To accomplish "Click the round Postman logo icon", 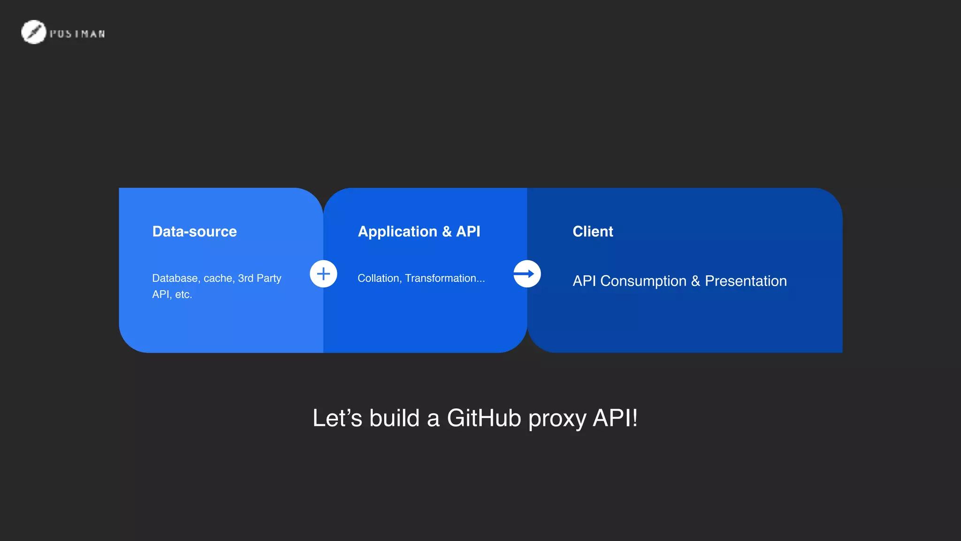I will click(x=33, y=32).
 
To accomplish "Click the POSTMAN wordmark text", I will click(x=77, y=34).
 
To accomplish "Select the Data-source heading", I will click(x=194, y=232).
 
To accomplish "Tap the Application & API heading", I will click(x=419, y=232).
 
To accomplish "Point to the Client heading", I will click(x=593, y=232).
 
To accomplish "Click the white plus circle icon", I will click(x=323, y=274).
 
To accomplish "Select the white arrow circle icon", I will click(x=527, y=274).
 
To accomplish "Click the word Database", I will click(x=175, y=278).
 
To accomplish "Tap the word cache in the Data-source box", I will click(x=219, y=278).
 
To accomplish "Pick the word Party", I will click(x=269, y=278).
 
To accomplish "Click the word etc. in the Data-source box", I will click(x=183, y=294).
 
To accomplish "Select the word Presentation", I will click(x=746, y=281).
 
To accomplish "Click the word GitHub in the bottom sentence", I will click(x=484, y=418).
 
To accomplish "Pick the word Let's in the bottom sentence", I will click(x=337, y=418).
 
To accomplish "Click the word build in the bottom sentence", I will click(x=394, y=418).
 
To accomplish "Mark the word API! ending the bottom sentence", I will click(x=615, y=418).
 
